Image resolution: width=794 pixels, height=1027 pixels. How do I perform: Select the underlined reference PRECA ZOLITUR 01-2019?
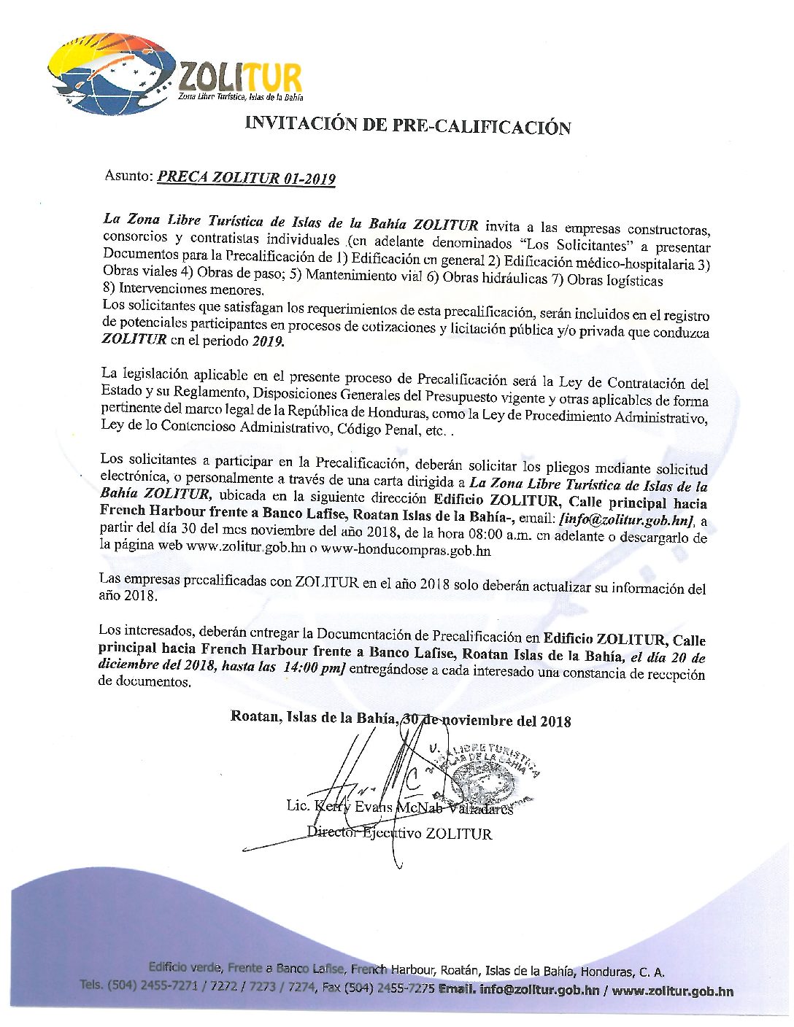[x=247, y=178]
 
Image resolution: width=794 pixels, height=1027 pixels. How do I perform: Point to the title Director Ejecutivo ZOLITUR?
[x=399, y=833]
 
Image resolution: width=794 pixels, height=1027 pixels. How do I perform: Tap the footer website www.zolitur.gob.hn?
[x=673, y=991]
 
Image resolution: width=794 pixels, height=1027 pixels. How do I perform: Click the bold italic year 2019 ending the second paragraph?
[x=268, y=341]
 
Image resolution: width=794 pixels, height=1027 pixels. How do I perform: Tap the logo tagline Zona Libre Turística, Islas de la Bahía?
[x=241, y=97]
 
